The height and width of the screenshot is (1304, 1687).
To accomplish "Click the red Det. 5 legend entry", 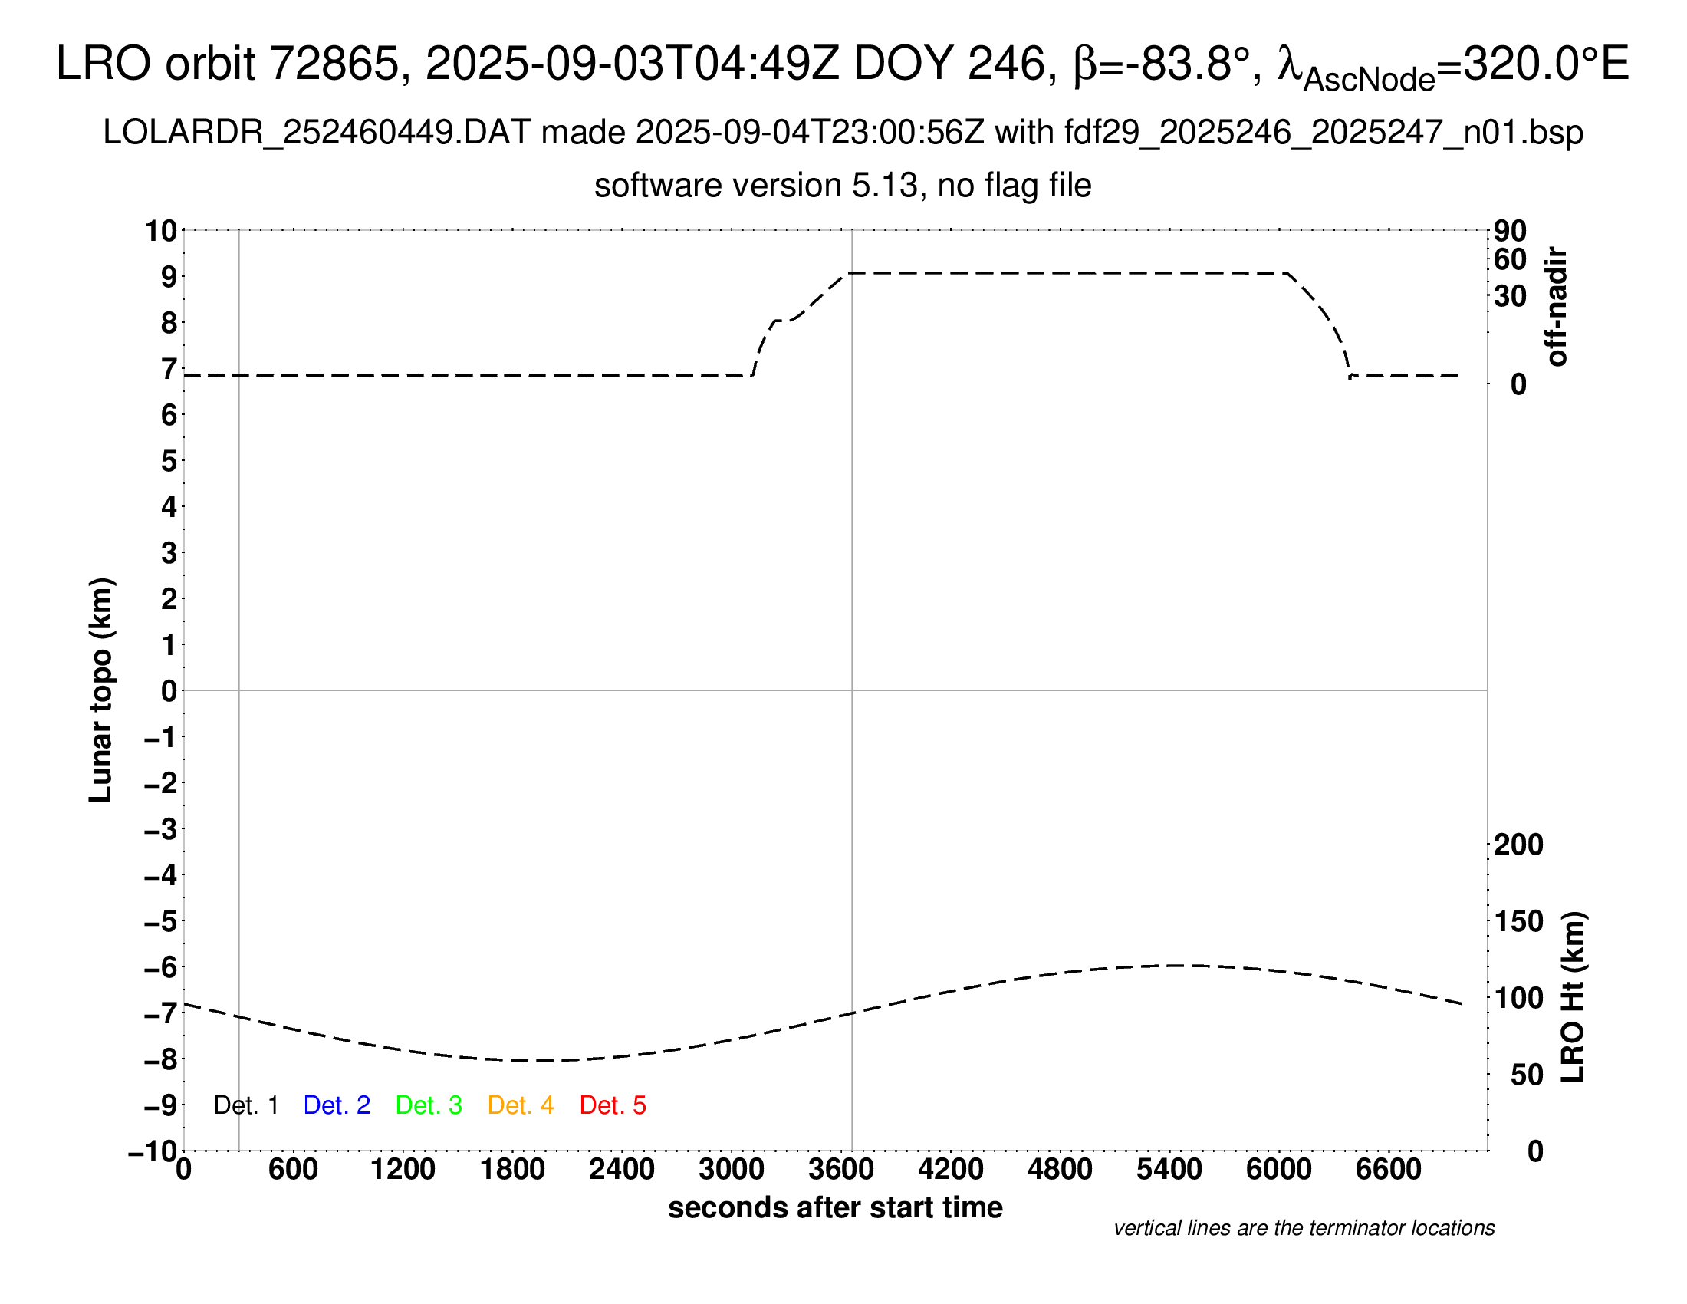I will tap(613, 1105).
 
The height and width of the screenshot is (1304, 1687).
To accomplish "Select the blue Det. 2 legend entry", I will tap(337, 1105).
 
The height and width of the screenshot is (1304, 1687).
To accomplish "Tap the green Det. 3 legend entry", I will tap(429, 1105).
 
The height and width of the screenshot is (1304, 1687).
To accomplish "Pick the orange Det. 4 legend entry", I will tap(521, 1105).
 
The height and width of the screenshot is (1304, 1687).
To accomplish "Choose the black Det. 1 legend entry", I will tap(245, 1105).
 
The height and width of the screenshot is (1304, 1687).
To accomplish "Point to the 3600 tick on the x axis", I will tap(841, 1169).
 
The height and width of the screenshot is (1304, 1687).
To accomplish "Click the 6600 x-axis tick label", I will tap(1388, 1169).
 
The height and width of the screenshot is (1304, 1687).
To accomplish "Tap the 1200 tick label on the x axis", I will tap(403, 1169).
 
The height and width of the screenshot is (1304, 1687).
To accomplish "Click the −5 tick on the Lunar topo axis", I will tap(161, 921).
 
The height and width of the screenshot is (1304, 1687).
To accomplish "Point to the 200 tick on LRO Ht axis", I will tap(1518, 845).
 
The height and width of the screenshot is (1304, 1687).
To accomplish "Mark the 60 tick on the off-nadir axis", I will tap(1510, 259).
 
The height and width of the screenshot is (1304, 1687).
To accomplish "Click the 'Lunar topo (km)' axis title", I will tap(101, 690).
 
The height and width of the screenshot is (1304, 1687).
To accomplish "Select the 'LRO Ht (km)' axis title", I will tap(1573, 997).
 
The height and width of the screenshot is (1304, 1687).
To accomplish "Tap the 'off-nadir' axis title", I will tap(1557, 307).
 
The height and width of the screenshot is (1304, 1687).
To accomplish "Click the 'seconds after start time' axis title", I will tap(835, 1207).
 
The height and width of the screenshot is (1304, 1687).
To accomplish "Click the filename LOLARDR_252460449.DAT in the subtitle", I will tap(317, 133).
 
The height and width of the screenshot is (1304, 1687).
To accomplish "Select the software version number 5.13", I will tap(888, 186).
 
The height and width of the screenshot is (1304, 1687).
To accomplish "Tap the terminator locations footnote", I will tap(1304, 1228).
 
